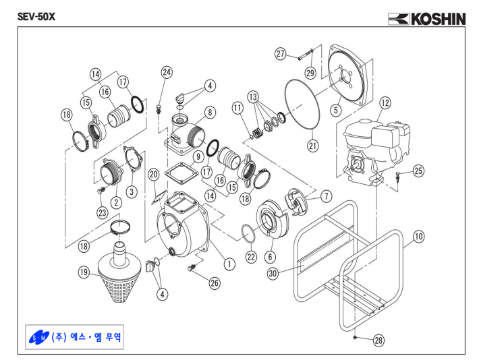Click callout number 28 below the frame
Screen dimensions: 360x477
point(378,340)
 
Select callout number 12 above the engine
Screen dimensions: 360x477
point(385,104)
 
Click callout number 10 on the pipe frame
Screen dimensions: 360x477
point(418,236)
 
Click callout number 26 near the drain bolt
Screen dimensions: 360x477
point(215,283)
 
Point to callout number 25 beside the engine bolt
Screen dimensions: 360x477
point(418,172)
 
